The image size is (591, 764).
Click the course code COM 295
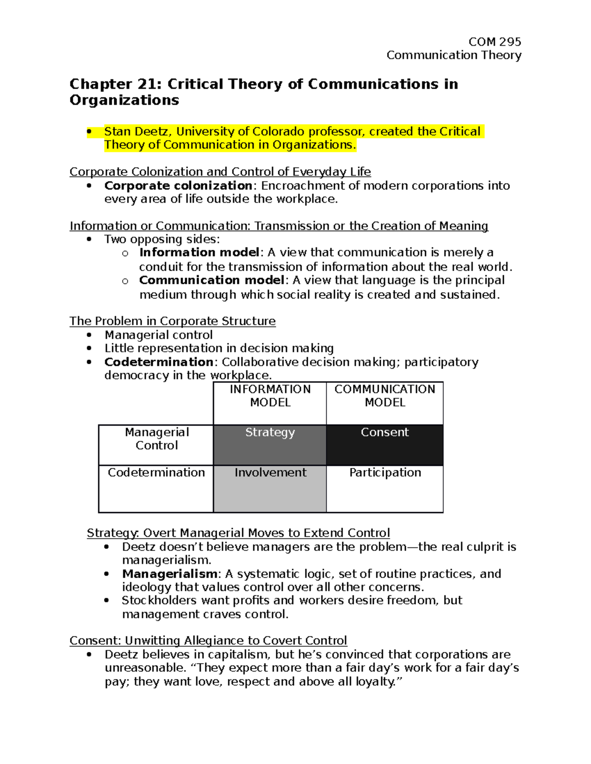[x=494, y=42]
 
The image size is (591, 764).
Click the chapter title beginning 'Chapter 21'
[x=263, y=92]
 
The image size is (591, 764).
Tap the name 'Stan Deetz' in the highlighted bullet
[x=137, y=132]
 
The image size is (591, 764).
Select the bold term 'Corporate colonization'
[x=178, y=186]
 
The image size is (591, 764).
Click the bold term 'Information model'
[x=199, y=253]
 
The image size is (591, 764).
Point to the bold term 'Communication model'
[x=212, y=280]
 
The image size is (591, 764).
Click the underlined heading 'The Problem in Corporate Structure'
[x=172, y=321]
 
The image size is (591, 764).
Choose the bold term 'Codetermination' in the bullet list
[x=159, y=362]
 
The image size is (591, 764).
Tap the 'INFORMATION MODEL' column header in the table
[x=270, y=396]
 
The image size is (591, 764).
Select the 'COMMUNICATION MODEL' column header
[x=385, y=396]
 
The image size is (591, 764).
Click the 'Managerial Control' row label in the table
[x=157, y=439]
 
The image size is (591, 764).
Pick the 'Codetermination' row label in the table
[x=156, y=473]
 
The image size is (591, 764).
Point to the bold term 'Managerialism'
[x=169, y=574]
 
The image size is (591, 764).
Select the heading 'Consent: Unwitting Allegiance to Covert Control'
[x=208, y=641]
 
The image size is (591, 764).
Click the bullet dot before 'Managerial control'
[x=89, y=335]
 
